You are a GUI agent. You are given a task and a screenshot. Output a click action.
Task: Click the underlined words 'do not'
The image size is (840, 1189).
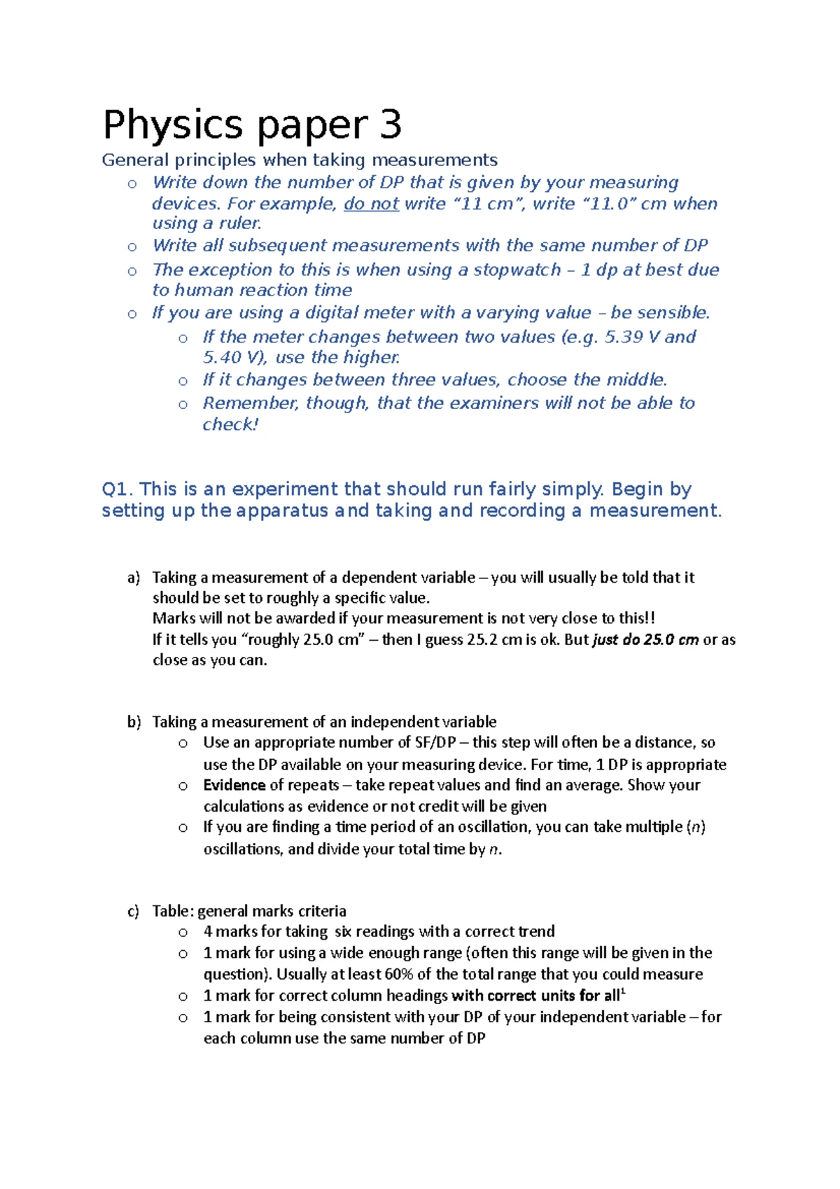[x=371, y=204]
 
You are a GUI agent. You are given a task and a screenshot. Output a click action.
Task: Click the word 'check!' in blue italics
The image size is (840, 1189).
[x=230, y=424]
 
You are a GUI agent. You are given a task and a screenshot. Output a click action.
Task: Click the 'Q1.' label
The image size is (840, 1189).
[x=118, y=489]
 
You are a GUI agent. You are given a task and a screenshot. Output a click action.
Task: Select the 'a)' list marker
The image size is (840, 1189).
[x=134, y=578]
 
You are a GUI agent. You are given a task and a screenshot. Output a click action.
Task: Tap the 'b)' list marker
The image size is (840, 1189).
[x=134, y=722]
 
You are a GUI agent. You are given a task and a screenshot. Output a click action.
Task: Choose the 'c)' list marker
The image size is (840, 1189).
[x=133, y=911]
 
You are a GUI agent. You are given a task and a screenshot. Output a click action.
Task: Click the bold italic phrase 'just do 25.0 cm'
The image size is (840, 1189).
[x=645, y=639]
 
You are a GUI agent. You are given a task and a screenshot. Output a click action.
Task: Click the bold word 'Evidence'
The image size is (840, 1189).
[x=234, y=785]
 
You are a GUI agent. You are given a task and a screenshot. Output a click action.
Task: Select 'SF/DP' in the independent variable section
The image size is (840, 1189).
[x=435, y=742]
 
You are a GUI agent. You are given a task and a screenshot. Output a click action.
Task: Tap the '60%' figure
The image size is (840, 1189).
[x=398, y=974]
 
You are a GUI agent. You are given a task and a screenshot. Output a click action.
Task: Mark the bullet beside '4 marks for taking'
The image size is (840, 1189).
[x=183, y=932]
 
